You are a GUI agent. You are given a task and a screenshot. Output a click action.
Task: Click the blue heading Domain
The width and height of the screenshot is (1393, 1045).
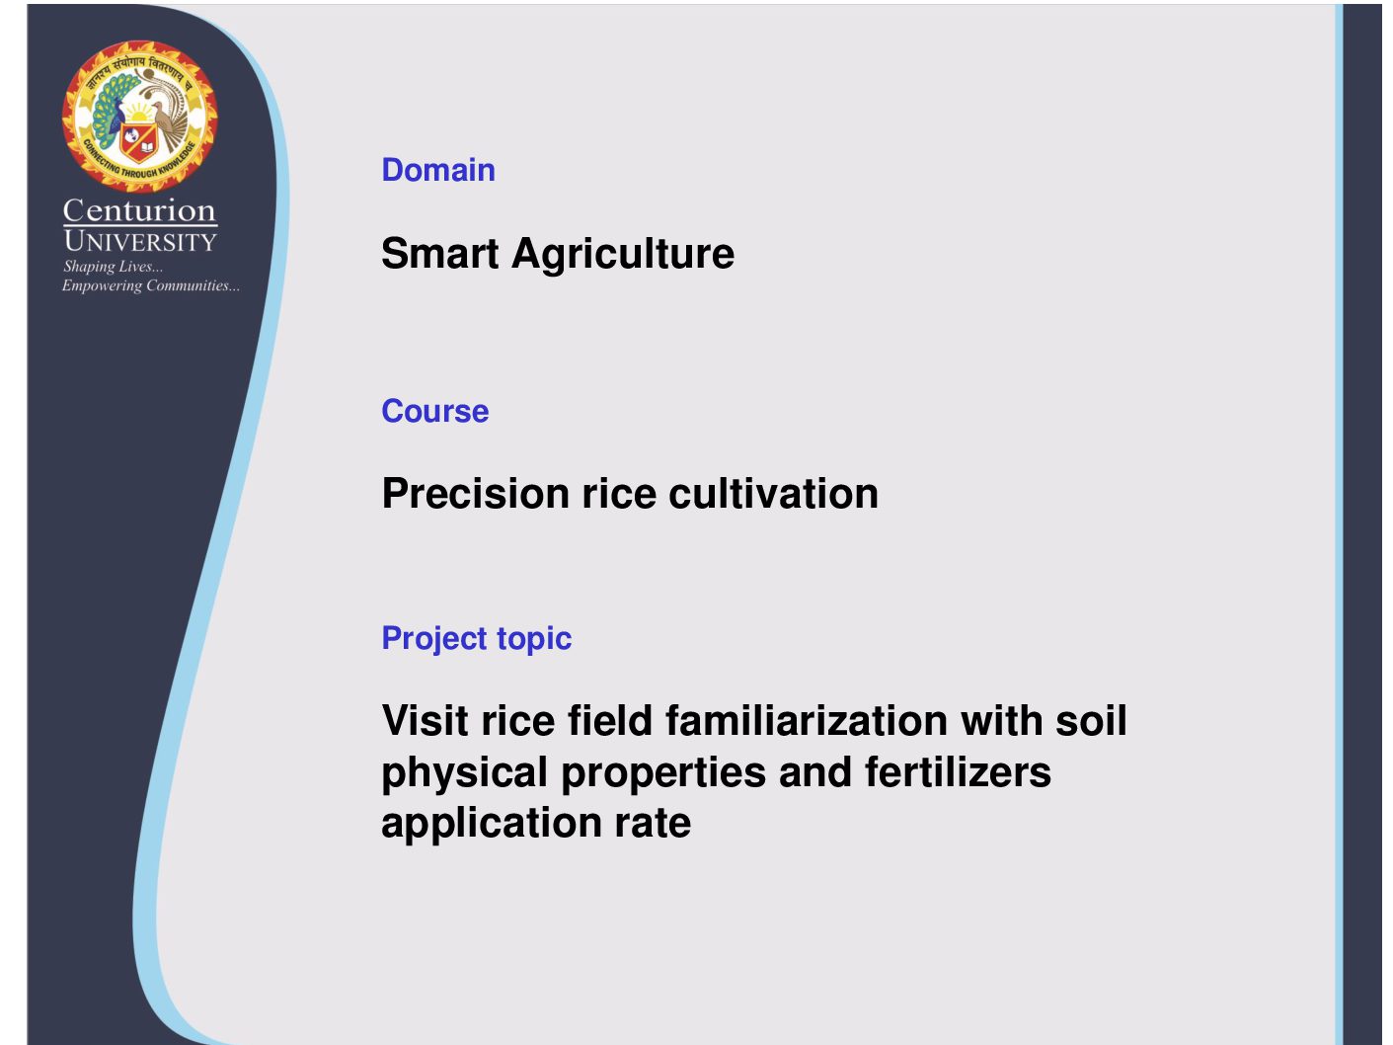(x=438, y=170)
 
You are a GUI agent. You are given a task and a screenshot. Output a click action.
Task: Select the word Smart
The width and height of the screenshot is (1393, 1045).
(x=439, y=253)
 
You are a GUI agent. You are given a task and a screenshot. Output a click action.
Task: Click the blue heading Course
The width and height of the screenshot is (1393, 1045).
(x=434, y=411)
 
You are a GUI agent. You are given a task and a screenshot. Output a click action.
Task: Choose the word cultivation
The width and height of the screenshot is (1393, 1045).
(x=774, y=493)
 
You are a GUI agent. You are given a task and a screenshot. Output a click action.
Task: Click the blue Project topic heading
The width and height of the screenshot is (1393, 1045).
(x=476, y=639)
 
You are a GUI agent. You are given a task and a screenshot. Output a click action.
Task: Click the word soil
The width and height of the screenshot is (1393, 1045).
(x=1091, y=721)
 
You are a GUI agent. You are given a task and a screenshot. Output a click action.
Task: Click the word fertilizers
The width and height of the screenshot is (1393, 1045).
(x=958, y=771)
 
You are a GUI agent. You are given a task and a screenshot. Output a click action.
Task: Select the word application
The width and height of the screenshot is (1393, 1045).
(x=492, y=824)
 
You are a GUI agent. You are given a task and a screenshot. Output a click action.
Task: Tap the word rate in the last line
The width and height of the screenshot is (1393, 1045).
(x=653, y=824)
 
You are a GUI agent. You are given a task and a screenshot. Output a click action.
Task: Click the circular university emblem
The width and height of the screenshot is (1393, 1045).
(x=139, y=117)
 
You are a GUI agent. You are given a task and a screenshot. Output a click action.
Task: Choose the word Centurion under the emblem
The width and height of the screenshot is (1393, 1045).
(x=139, y=210)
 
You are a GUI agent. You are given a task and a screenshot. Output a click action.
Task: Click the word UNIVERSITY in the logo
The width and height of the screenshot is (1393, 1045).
(x=140, y=242)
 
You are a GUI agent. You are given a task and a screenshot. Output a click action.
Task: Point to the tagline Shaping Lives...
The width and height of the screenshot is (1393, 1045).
(x=113, y=267)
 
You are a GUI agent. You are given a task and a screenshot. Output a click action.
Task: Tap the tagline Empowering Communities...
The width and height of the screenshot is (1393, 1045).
(x=151, y=285)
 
